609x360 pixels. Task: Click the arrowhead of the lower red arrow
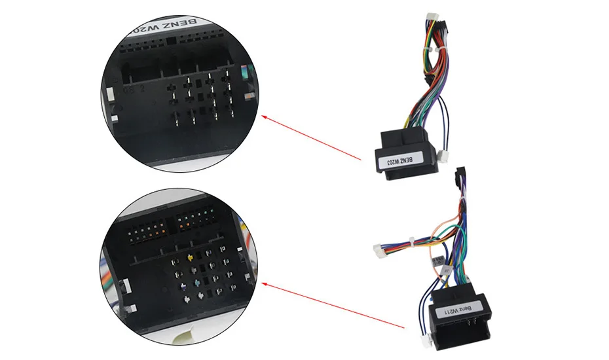click(263, 283)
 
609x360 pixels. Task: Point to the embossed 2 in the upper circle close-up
click(141, 85)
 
